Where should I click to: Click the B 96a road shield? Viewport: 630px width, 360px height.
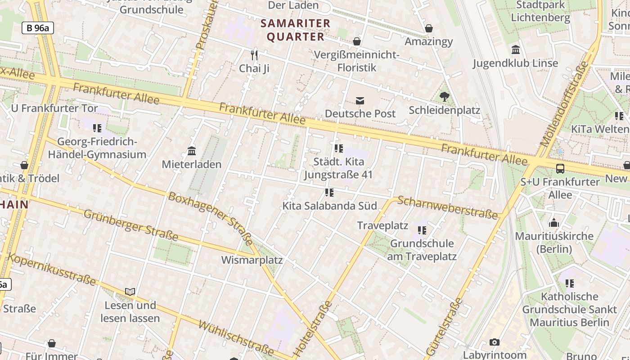[38, 28]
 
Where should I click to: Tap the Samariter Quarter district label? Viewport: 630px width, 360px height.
[296, 30]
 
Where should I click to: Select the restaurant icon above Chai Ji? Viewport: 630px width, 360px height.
[254, 55]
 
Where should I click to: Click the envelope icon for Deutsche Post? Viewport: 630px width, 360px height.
[360, 101]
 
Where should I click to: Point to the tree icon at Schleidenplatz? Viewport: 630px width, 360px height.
[445, 97]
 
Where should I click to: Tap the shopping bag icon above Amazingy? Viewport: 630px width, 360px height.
[429, 28]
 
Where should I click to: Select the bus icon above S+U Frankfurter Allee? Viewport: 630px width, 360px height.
[560, 169]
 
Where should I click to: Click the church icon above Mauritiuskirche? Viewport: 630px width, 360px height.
[554, 223]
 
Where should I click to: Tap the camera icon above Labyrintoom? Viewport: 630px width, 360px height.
[495, 342]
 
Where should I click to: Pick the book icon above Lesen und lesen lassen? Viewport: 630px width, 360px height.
[130, 292]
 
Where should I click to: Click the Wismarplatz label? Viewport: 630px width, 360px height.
[252, 260]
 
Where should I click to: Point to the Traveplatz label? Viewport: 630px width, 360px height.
[382, 225]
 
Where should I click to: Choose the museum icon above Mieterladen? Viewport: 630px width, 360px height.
[192, 151]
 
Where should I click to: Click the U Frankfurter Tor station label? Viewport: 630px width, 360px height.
[54, 108]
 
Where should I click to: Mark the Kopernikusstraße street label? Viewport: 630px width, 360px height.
[52, 270]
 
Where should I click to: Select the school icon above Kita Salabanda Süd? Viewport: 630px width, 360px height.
[329, 193]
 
